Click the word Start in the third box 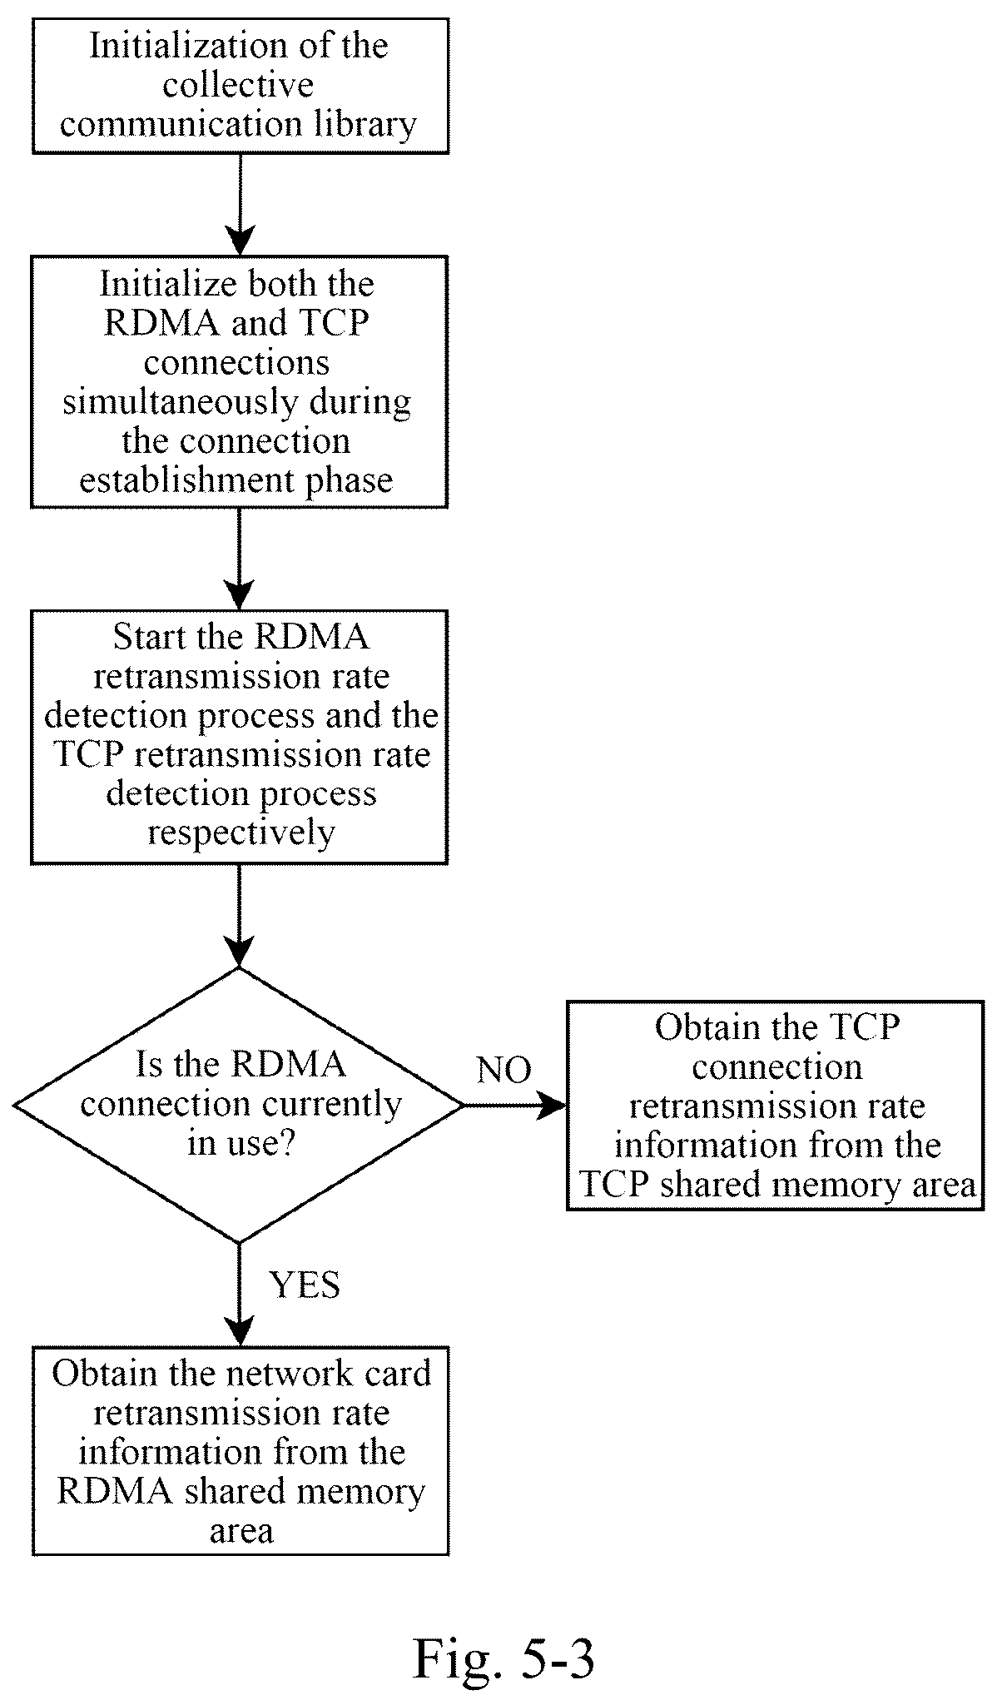click(147, 638)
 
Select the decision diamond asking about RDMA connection click(239, 1106)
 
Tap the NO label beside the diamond click(504, 1071)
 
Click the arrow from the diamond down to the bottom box click(240, 1295)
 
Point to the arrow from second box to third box click(240, 559)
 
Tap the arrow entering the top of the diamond click(240, 916)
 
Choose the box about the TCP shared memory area click(776, 1106)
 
